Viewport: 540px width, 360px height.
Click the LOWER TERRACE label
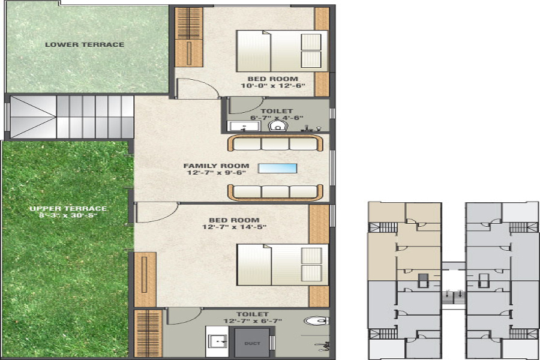(85, 44)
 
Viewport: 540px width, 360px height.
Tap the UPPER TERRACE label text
(68, 208)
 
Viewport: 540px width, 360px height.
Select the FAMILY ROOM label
(208, 166)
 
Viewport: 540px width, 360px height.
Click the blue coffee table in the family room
(277, 168)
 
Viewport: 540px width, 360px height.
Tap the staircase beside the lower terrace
(72, 116)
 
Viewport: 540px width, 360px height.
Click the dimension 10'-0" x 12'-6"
(273, 86)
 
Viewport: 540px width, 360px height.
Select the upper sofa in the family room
(276, 143)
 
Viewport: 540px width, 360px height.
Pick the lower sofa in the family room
(276, 191)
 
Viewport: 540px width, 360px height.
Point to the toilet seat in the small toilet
(277, 127)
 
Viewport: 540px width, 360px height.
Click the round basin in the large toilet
(316, 321)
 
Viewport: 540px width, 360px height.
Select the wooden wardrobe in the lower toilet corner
(148, 334)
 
